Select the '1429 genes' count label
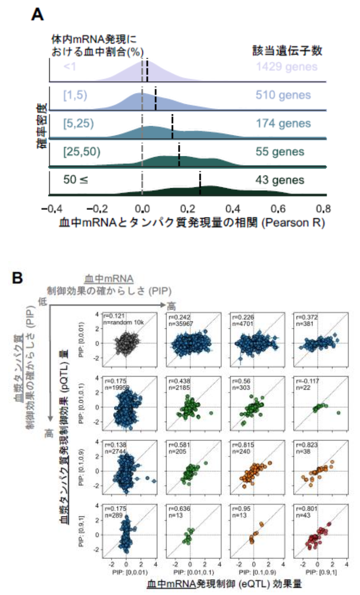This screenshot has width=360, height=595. click(x=287, y=67)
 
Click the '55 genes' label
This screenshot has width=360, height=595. click(x=280, y=152)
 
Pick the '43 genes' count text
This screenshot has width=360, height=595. click(x=280, y=180)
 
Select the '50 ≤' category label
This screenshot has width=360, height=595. click(x=76, y=179)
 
